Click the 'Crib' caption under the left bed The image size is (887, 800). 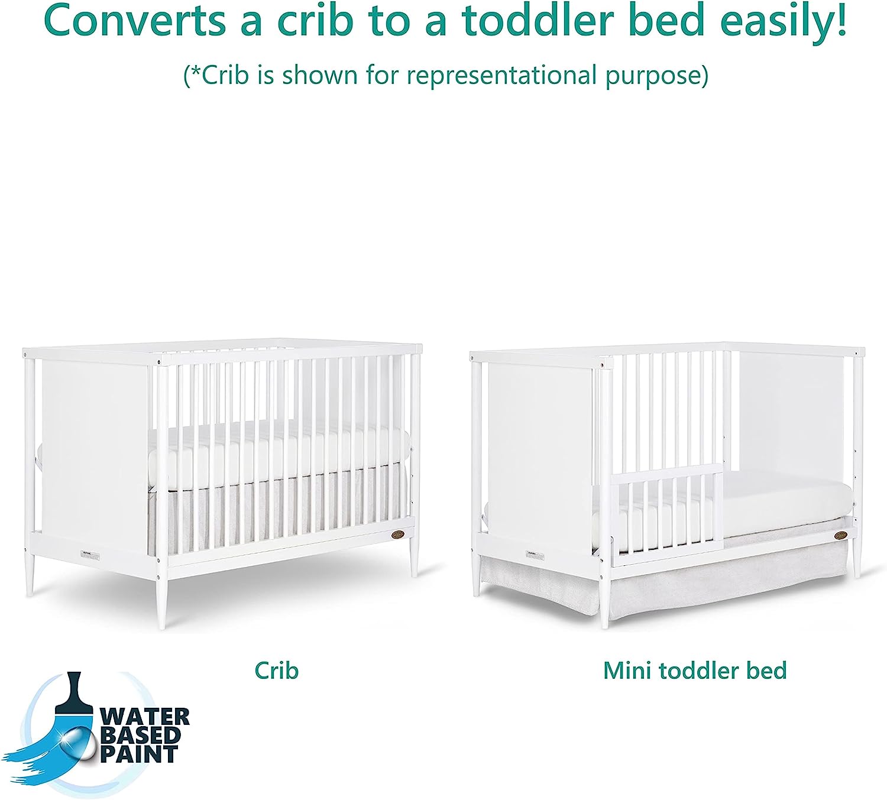click(x=276, y=671)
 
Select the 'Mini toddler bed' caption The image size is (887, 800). click(x=695, y=671)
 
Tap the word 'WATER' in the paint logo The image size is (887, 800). click(x=145, y=716)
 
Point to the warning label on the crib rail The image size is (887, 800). click(x=90, y=556)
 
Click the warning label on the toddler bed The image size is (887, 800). click(x=535, y=556)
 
